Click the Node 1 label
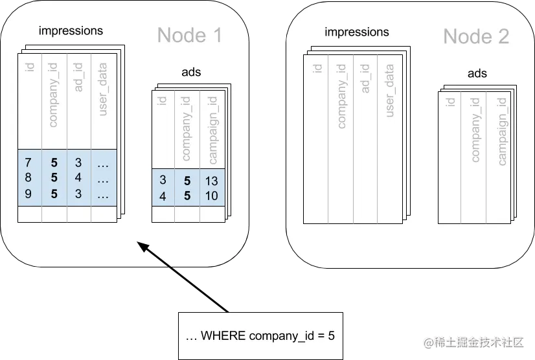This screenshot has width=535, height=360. click(190, 35)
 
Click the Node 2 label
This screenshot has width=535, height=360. click(475, 36)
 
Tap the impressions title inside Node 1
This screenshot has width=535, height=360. click(71, 30)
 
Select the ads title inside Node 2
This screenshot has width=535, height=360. click(477, 74)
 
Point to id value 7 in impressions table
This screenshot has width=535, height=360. click(28, 161)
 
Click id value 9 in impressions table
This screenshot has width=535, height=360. click(28, 194)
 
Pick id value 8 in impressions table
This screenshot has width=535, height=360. click(28, 177)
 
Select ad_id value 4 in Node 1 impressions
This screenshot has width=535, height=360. click(78, 177)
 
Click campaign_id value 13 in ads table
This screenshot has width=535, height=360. click(211, 181)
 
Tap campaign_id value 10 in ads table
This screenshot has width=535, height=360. click(211, 196)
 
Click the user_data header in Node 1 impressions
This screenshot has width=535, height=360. click(102, 94)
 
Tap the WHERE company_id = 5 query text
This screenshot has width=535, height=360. click(260, 335)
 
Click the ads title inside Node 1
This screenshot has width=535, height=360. click(191, 72)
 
